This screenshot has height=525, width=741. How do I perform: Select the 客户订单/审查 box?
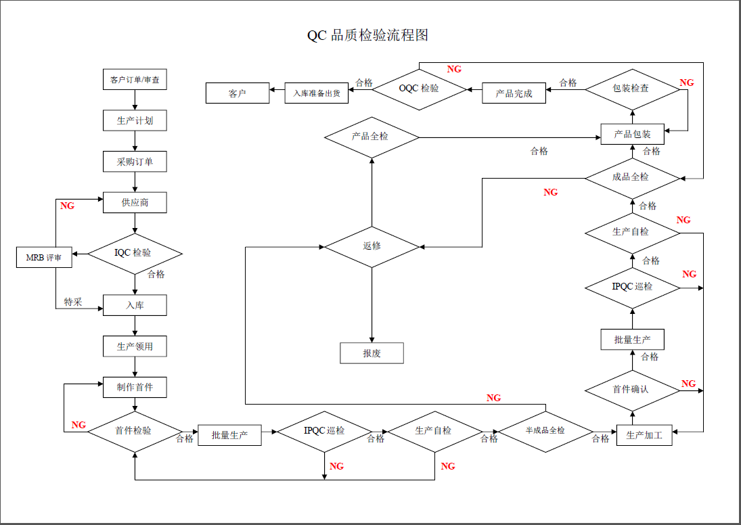coord(135,80)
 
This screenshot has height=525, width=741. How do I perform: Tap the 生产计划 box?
coord(135,120)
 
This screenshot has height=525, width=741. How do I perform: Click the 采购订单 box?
coord(135,162)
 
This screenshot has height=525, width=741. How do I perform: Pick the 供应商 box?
coord(135,203)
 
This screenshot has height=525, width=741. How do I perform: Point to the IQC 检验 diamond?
coord(135,254)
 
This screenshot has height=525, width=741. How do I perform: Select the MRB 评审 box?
coord(44,258)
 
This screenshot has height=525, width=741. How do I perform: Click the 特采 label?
coord(73,302)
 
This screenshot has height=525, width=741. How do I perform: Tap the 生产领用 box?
coord(135,346)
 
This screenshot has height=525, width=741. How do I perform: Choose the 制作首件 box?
coord(135,387)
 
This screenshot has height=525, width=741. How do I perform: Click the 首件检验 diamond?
coord(135,431)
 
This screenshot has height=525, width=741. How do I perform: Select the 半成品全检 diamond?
coord(545,431)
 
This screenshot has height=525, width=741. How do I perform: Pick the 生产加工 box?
coord(644,435)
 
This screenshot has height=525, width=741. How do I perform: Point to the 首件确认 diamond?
coord(632,390)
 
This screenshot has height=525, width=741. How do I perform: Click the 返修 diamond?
coord(372,246)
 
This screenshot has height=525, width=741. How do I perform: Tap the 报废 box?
coord(372,353)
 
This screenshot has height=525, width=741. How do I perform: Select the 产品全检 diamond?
coord(372,137)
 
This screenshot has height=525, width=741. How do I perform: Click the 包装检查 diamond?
coord(632,89)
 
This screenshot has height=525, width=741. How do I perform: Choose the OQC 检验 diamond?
coord(420,89)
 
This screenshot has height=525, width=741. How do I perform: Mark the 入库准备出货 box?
coord(317,93)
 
